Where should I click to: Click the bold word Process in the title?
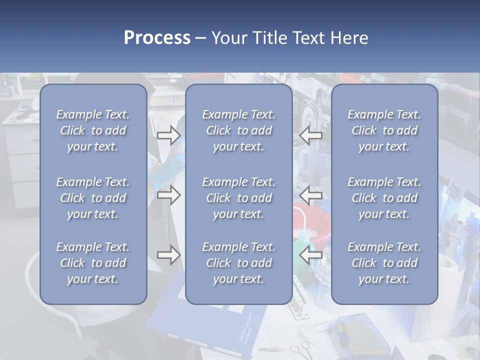pos(157,38)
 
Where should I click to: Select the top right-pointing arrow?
pos(169,135)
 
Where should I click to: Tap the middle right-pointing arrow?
pos(169,195)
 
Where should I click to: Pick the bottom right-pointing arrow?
pos(169,255)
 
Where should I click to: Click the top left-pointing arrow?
pos(311,135)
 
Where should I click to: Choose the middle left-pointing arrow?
pos(311,195)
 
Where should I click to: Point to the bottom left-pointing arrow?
pos(311,255)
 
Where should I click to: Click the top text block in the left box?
pos(93,130)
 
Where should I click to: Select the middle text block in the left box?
pos(93,198)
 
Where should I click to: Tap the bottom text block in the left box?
pos(93,263)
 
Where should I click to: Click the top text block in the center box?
pos(239,130)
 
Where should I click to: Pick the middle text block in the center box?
pos(239,198)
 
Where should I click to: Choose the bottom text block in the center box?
pos(239,263)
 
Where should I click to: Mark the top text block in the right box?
pos(384,130)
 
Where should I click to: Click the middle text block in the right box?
pos(384,198)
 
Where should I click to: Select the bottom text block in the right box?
pos(384,263)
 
